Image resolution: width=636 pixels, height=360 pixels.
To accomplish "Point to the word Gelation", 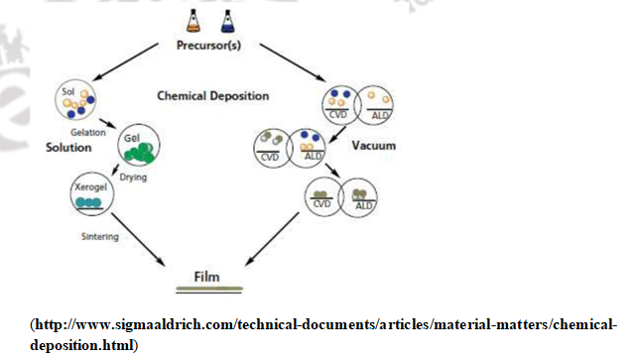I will [88, 131].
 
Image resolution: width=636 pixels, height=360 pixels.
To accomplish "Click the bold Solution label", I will [68, 148].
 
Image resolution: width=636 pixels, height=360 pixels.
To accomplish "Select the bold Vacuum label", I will [375, 146].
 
